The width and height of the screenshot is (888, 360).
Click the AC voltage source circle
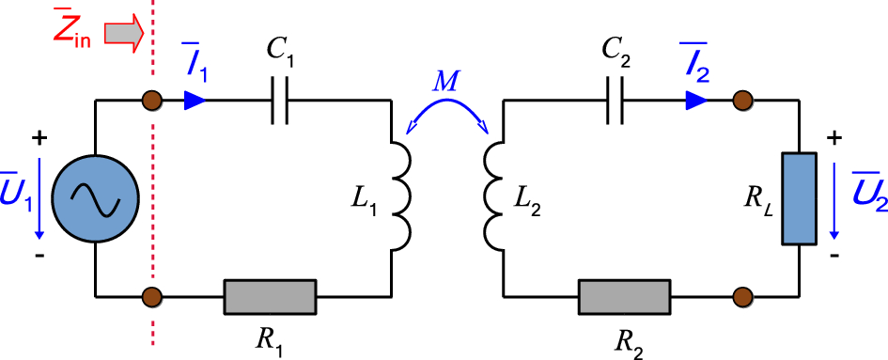(x=96, y=199)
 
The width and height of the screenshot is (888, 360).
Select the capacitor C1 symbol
(x=279, y=100)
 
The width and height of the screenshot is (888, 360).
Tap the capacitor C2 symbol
(x=615, y=100)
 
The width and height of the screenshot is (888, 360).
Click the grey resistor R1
(x=269, y=297)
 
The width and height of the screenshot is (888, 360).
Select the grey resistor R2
(x=625, y=297)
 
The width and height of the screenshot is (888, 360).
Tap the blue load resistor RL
(x=798, y=199)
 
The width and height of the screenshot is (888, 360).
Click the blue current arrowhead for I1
(x=193, y=100)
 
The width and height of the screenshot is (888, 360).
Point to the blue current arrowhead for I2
(x=696, y=100)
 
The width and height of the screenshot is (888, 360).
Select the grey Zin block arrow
(x=123, y=35)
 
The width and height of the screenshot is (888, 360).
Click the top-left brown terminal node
(x=149, y=100)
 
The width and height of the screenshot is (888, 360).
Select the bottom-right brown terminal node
(x=743, y=297)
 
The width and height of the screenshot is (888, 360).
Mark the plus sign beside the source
(x=39, y=139)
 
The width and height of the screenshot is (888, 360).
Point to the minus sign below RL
(x=833, y=255)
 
